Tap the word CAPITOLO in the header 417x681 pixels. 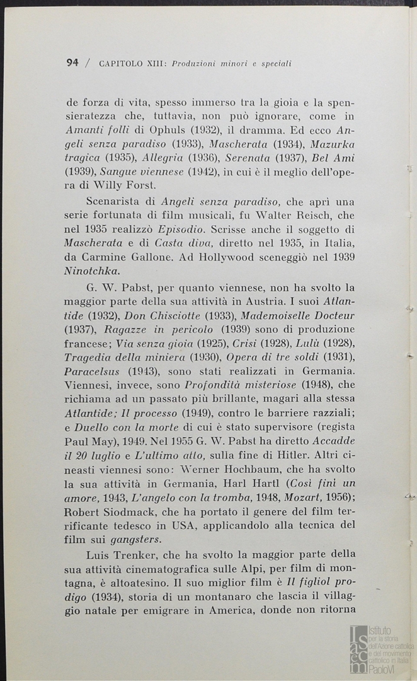pos(122,63)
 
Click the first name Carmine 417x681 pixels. pos(103,257)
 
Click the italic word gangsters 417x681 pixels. pos(136,540)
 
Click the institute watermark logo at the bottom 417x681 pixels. pos(381,649)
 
